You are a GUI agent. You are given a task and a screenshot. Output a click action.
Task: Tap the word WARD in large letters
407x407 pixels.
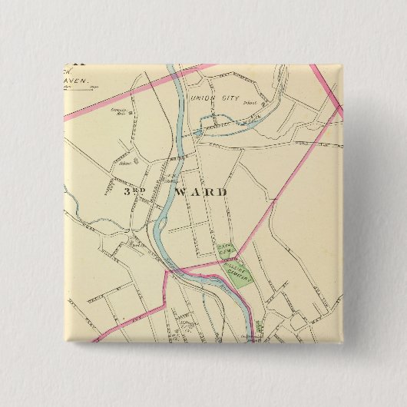(200, 192)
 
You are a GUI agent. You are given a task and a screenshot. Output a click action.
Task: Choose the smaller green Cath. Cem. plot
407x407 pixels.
(226, 249)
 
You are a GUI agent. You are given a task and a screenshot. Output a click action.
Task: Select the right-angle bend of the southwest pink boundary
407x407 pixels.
(166, 305)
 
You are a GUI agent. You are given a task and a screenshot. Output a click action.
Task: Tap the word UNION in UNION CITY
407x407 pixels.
(203, 98)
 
